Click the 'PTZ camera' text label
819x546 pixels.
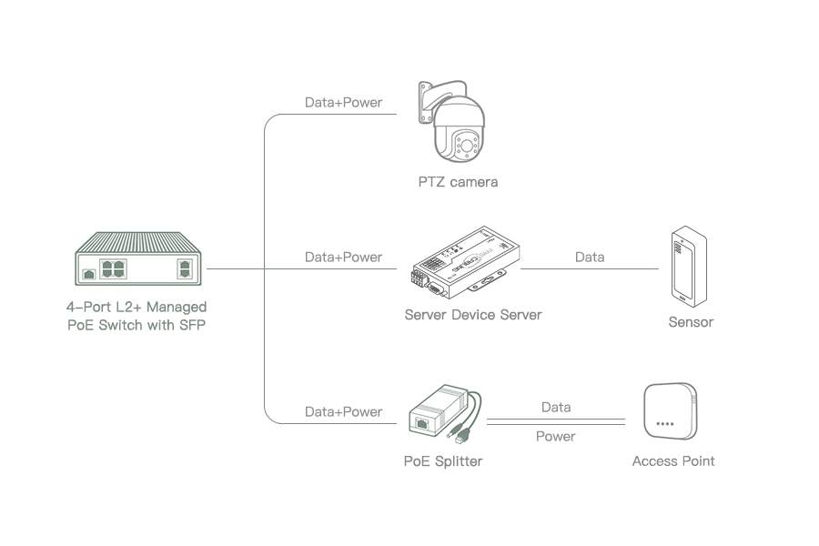[458, 182]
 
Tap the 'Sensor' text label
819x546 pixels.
[691, 322]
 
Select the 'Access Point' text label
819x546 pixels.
[673, 461]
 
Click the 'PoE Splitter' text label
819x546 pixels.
[443, 461]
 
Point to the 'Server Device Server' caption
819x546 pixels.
[473, 315]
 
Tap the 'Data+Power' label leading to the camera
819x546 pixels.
[343, 103]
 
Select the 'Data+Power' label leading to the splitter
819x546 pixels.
[343, 412]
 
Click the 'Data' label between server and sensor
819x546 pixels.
[590, 258]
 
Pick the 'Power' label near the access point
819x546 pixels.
[555, 437]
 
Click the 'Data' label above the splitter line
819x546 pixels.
[556, 408]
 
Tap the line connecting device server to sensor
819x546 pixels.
[590, 269]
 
